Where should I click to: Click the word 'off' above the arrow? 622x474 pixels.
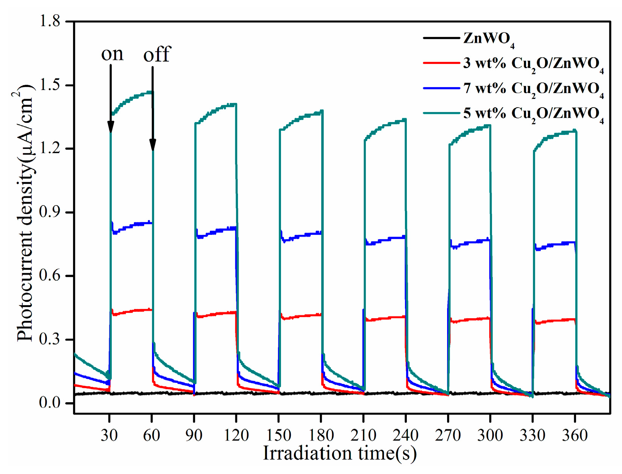[157, 54]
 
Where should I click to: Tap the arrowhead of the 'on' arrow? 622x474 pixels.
[111, 127]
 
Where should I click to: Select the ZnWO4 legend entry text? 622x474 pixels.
[489, 39]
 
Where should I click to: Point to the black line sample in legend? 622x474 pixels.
[441, 38]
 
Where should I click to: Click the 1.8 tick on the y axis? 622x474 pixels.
[50, 21]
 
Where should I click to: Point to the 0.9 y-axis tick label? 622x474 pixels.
[50, 212]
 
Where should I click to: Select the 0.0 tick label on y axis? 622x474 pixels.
[50, 403]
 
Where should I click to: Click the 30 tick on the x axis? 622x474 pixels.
[109, 435]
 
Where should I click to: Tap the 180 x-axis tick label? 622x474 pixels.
[321, 435]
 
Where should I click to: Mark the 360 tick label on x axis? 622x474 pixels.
[575, 435]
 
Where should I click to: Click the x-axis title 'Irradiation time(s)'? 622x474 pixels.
[340, 453]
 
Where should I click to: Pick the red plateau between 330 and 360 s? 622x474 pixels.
[555, 321]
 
